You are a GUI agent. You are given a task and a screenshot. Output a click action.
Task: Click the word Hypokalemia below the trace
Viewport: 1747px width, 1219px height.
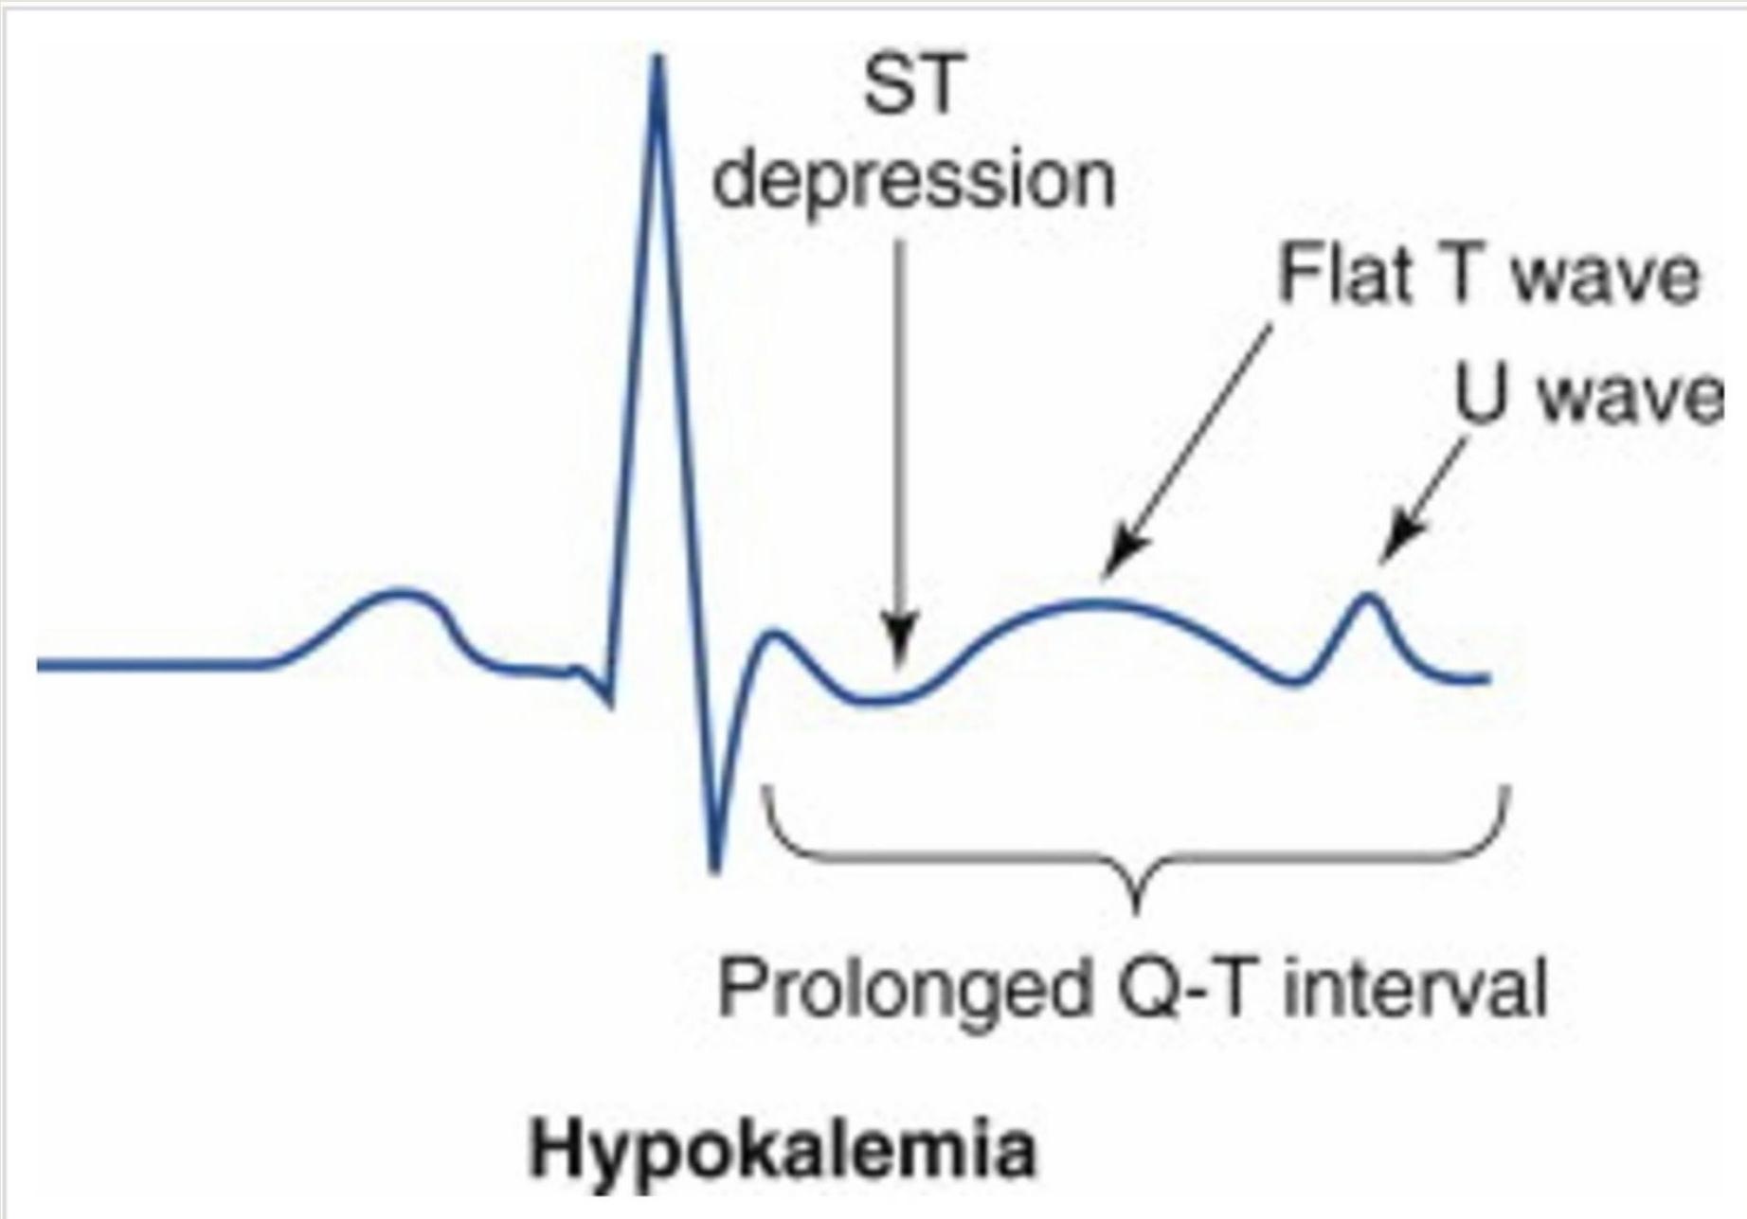(783, 1151)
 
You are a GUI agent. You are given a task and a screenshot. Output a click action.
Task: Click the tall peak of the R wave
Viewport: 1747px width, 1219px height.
(659, 63)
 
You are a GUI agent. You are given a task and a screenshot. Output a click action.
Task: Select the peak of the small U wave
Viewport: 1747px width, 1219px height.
(1367, 597)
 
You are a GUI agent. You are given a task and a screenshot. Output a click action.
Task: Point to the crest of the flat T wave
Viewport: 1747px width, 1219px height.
(1099, 603)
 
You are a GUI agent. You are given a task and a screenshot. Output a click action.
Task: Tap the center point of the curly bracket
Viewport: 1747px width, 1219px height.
(1138, 895)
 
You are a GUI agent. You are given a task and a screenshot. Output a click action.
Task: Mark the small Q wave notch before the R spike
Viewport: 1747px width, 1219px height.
(608, 702)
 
